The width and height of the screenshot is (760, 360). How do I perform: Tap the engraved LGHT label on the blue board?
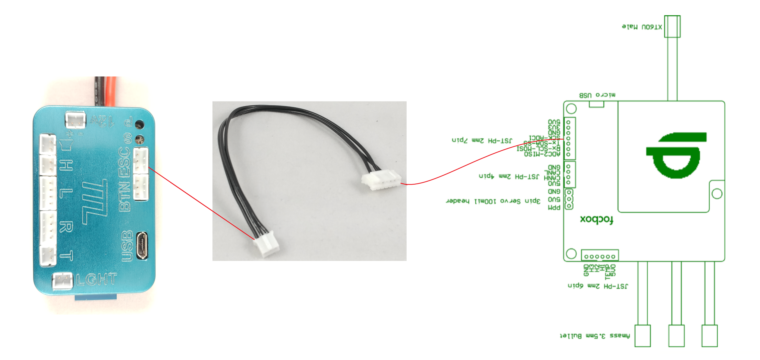[97, 279]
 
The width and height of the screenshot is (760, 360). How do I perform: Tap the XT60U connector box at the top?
[672, 27]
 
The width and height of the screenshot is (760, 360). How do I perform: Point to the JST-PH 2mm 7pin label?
[482, 140]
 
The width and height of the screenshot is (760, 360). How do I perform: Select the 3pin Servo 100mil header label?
[493, 201]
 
